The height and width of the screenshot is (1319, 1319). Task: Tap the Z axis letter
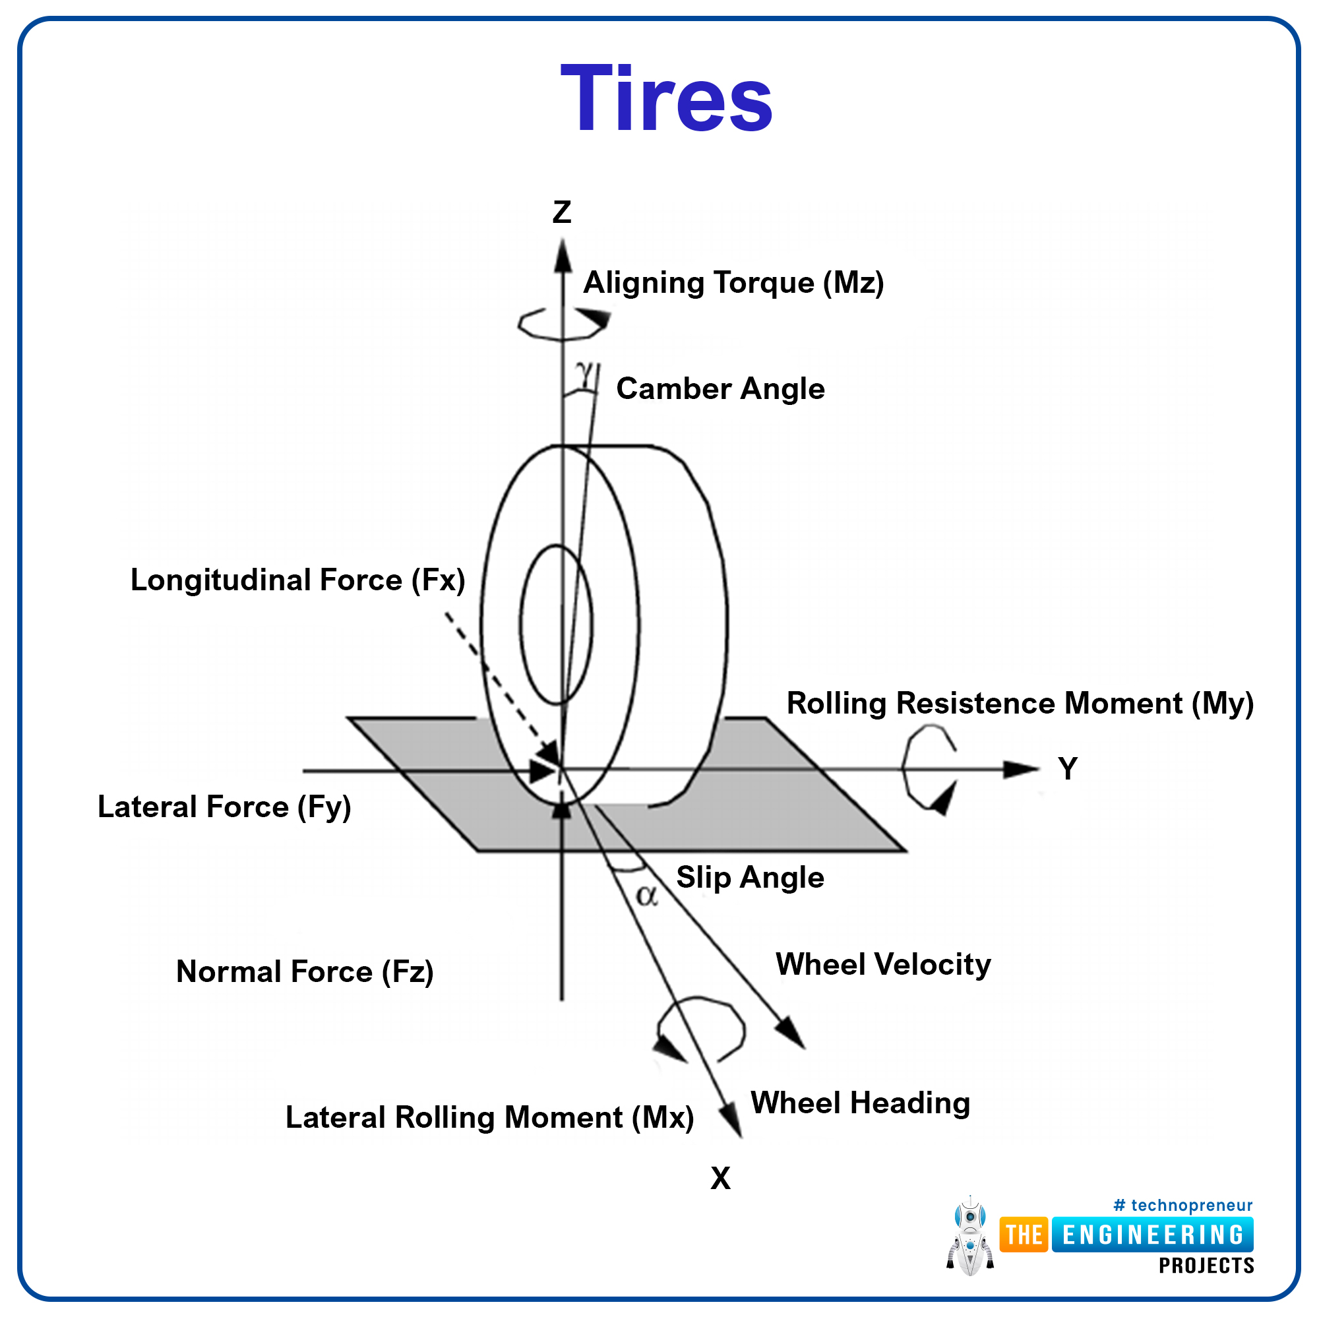click(562, 212)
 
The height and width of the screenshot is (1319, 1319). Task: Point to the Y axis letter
click(1068, 769)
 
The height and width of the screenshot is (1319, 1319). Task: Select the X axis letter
click(720, 1178)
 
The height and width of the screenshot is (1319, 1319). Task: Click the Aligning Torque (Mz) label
click(733, 283)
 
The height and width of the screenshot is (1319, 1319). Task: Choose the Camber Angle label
click(720, 388)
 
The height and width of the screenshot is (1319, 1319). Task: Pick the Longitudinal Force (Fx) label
click(297, 580)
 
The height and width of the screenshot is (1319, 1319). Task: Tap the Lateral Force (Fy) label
click(224, 807)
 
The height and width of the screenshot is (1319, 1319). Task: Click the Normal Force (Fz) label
click(305, 971)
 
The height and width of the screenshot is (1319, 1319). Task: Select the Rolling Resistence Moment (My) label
click(1020, 703)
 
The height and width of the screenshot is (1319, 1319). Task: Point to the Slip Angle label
click(750, 878)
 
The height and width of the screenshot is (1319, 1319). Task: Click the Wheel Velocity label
click(883, 966)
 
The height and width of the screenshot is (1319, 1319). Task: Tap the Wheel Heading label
click(860, 1103)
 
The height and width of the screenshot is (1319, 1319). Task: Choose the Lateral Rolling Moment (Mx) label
click(489, 1118)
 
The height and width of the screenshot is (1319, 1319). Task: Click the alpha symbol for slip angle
click(646, 896)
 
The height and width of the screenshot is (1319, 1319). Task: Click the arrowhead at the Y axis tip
click(1022, 770)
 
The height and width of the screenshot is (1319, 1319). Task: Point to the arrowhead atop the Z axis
click(563, 257)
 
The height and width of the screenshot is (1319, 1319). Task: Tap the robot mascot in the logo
click(970, 1237)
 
